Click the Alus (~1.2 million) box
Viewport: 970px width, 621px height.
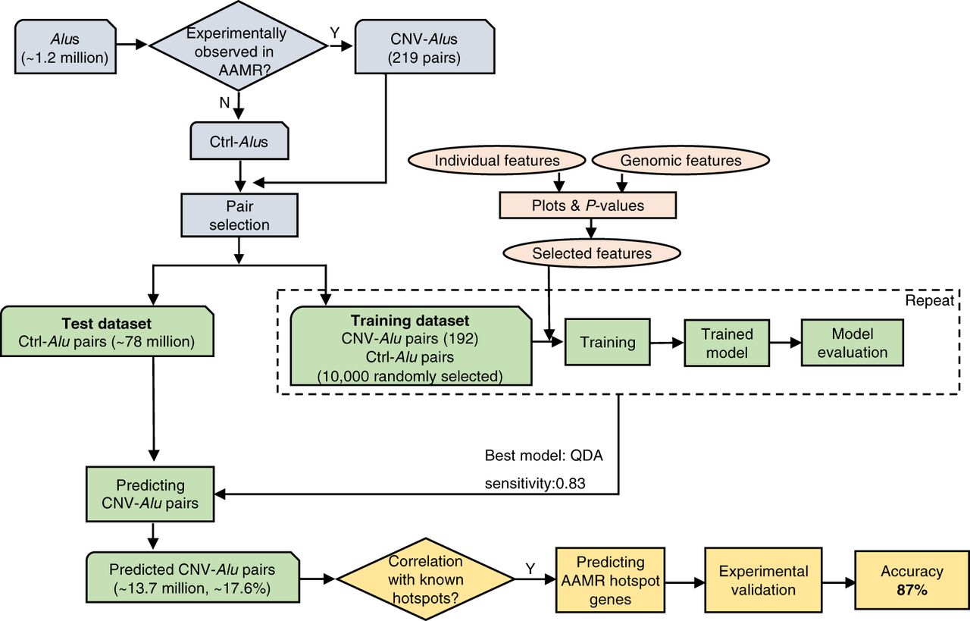[67, 46]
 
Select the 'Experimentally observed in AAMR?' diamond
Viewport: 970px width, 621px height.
[239, 46]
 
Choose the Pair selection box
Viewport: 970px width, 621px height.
[239, 215]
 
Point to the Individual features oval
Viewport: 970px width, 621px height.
[497, 161]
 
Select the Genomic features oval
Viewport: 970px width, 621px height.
[681, 161]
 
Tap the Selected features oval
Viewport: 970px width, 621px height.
[592, 253]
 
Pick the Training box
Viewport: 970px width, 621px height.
[607, 342]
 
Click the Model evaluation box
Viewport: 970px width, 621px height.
[853, 343]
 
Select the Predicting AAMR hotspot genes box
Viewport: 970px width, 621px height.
[610, 580]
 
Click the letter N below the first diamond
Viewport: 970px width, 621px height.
[224, 103]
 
